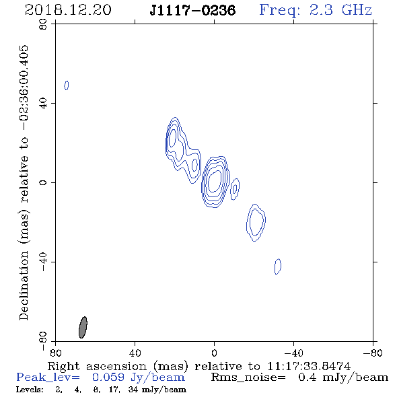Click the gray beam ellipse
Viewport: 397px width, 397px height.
point(83,327)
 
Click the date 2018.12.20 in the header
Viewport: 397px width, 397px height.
point(68,10)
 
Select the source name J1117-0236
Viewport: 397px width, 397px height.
point(192,11)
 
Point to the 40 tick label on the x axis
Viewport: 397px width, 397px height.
point(135,353)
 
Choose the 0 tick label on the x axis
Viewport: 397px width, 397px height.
point(214,353)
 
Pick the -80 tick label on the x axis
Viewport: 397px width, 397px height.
point(373,353)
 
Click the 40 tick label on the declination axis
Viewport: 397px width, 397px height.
point(43,104)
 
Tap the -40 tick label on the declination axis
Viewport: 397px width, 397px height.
point(43,262)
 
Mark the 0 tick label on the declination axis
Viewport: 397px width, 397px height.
point(43,182)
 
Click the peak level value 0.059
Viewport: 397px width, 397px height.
point(108,377)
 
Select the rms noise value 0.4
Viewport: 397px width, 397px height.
point(308,377)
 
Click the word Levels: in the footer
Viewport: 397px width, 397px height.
point(30,390)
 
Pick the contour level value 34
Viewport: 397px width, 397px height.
point(133,390)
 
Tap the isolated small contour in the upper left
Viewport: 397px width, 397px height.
point(67,85)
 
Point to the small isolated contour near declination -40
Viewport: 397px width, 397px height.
point(278,266)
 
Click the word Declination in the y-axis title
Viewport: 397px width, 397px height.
point(24,286)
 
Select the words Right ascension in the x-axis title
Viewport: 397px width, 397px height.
point(97,366)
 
